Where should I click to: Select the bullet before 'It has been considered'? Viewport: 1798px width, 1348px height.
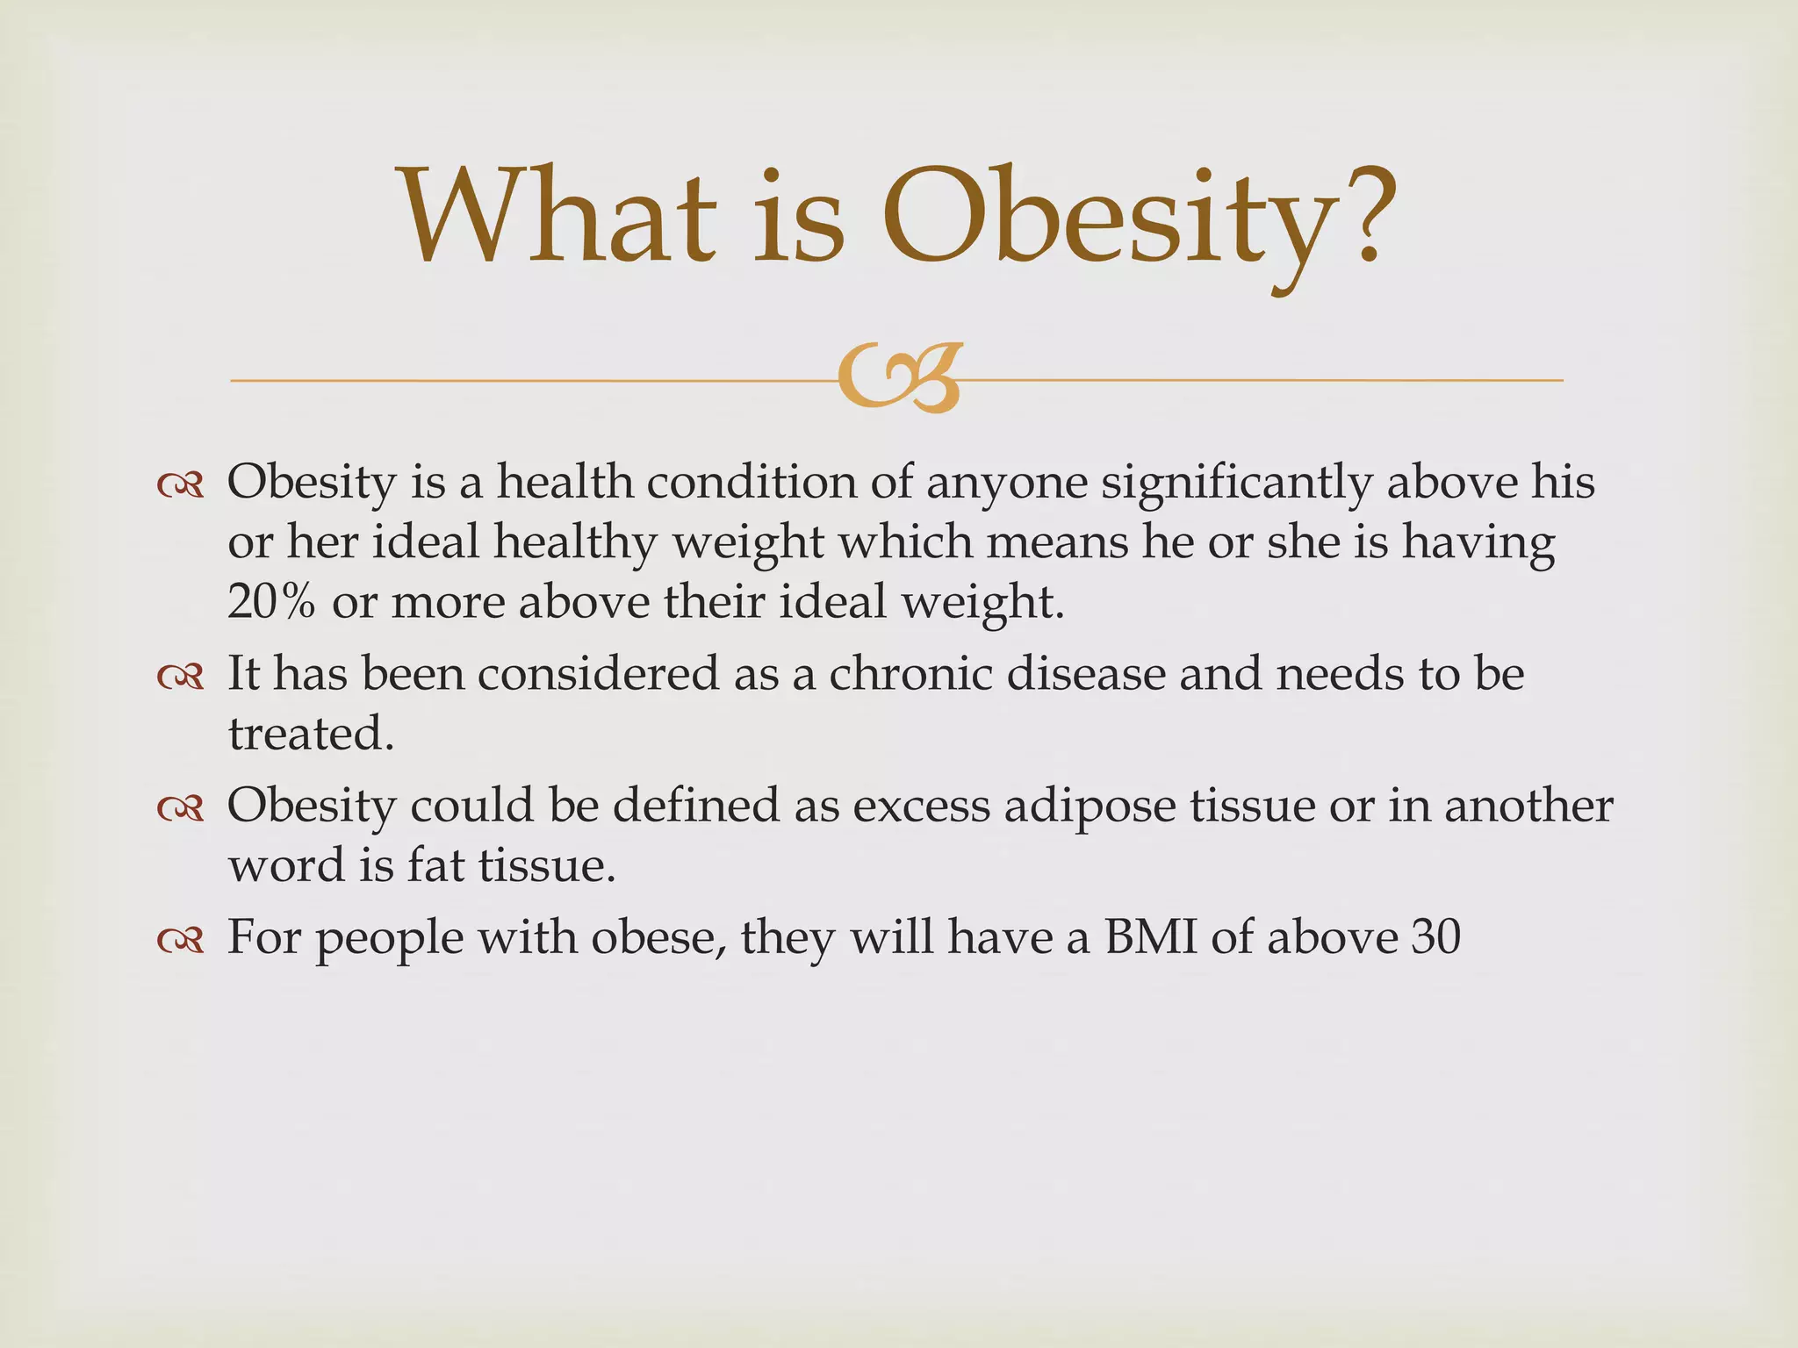[181, 677]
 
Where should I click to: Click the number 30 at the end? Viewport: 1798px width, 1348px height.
[1436, 937]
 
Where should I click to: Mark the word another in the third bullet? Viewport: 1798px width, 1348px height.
[1528, 806]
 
